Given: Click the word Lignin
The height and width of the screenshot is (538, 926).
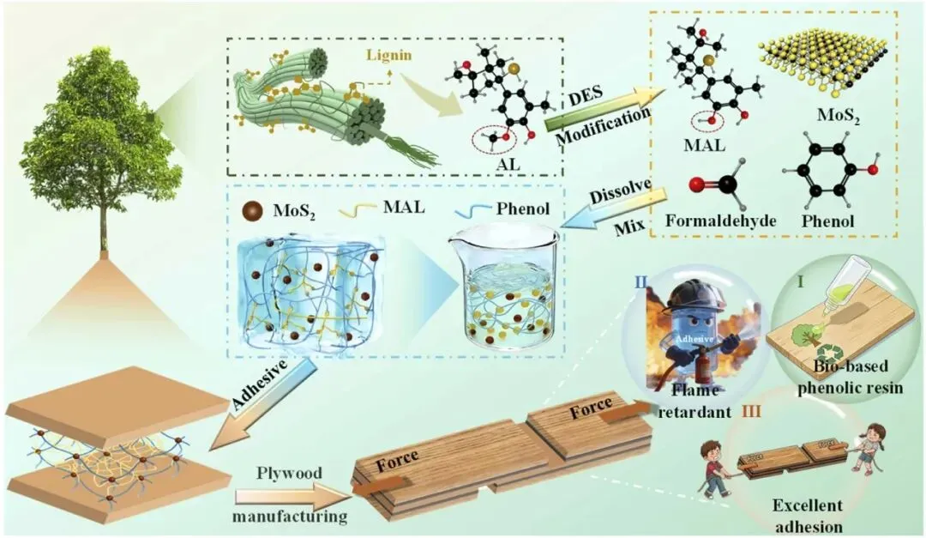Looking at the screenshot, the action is (x=388, y=55).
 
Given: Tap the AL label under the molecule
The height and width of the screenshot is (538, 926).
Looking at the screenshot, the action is (x=508, y=163).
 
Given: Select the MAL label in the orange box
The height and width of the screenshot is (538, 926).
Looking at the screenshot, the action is (x=704, y=144).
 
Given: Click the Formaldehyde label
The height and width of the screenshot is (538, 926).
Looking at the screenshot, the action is (x=720, y=221).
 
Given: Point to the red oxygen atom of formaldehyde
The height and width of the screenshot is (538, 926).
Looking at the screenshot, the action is (x=697, y=185).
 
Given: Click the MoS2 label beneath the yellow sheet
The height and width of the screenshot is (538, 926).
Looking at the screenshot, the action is (x=838, y=115).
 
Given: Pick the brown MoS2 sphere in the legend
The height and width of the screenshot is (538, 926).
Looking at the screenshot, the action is (x=252, y=211).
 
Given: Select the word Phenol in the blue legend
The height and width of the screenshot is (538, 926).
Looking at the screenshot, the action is (x=523, y=209).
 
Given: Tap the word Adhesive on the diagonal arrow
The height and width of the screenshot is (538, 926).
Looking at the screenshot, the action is (x=259, y=384).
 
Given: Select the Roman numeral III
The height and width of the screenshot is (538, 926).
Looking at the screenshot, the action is (x=751, y=410).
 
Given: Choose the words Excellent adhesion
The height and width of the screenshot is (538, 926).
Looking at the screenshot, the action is (x=808, y=515).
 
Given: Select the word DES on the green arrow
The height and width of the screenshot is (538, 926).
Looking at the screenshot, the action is (x=586, y=96).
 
